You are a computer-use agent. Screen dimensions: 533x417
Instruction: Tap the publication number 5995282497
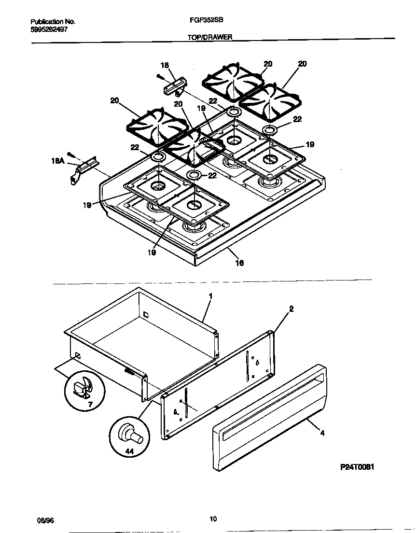[x=49, y=29]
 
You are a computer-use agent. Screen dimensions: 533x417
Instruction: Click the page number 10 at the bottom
[x=213, y=519]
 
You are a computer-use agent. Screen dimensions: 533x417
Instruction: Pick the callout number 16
[x=239, y=263]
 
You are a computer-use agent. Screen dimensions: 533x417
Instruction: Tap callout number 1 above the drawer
[x=210, y=295]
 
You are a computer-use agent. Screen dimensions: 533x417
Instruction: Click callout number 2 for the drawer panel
[x=292, y=309]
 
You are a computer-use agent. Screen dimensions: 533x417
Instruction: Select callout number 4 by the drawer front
[x=322, y=433]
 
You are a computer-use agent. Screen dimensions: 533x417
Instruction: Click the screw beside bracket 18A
[x=71, y=154]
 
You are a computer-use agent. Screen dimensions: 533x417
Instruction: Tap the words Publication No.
[x=53, y=22]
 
